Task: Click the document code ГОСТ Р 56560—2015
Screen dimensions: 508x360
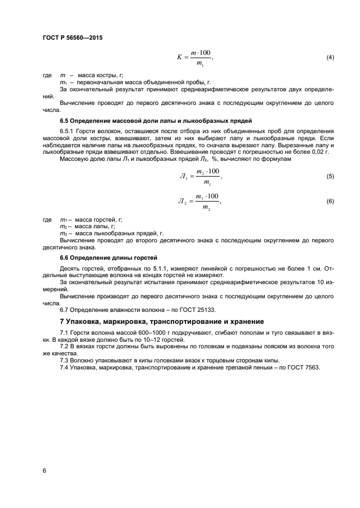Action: (72, 37)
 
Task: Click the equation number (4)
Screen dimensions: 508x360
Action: (330, 58)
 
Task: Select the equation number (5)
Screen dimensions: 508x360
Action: (330, 177)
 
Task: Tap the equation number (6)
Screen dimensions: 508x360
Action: (330, 202)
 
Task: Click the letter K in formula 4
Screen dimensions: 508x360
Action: (179, 58)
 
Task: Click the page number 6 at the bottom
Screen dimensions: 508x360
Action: (44, 470)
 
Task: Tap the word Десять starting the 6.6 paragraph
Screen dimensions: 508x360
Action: (70, 268)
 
